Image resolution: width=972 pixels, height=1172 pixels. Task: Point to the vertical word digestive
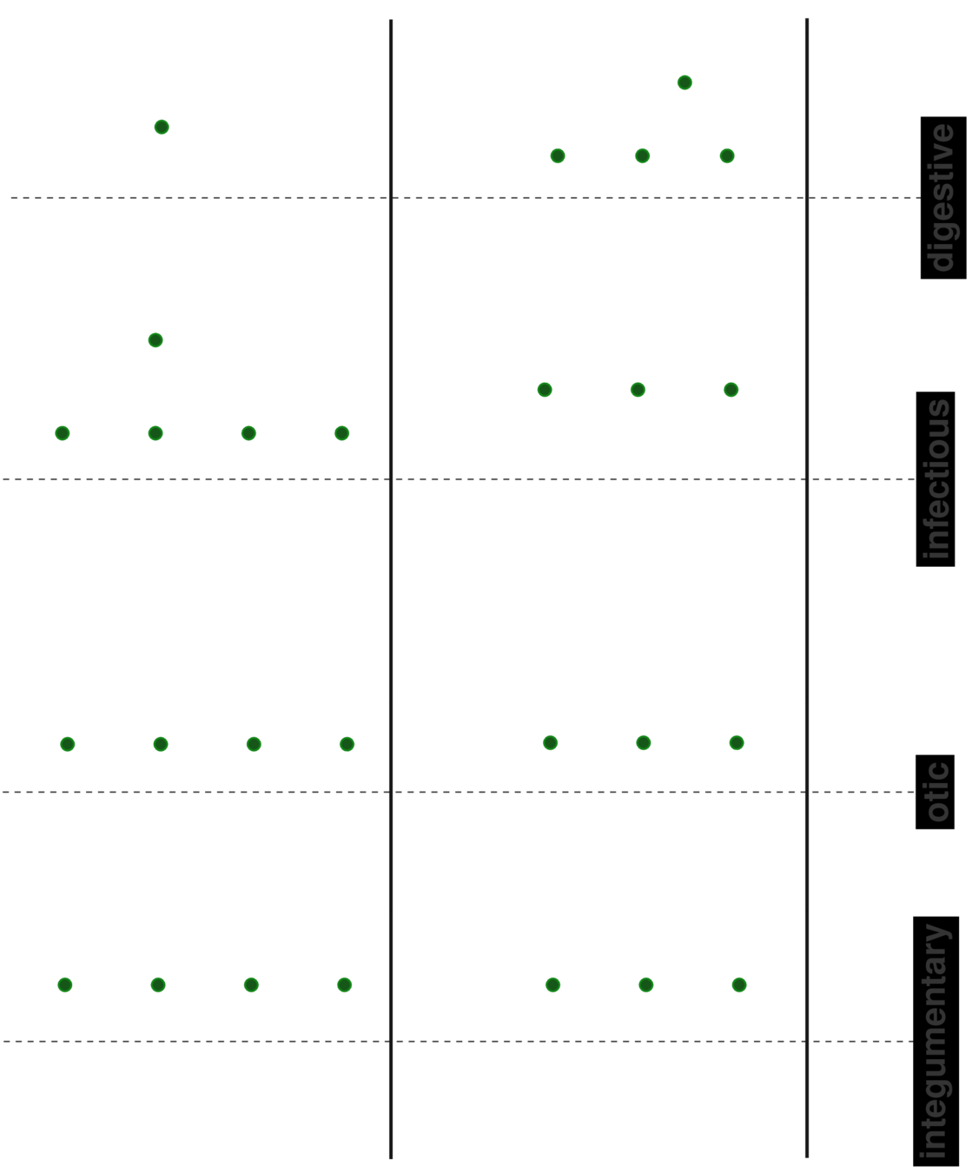coord(941,198)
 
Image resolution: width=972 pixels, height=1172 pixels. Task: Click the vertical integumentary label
coord(935,1041)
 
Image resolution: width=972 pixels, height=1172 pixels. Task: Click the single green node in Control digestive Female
coord(162,127)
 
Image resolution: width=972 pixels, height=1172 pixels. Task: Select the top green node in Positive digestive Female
coord(684,83)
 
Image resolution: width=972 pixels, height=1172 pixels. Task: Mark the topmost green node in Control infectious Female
coord(155,339)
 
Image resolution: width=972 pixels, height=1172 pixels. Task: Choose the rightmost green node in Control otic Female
coord(347,744)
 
